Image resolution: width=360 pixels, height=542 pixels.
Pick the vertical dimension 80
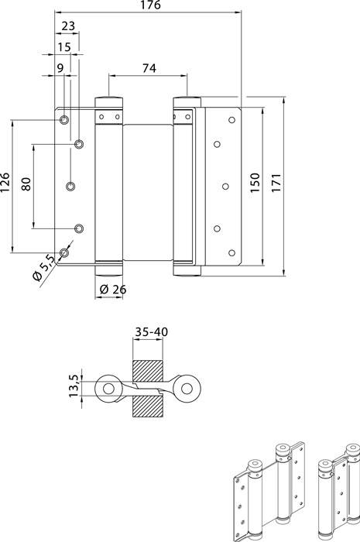(x=26, y=186)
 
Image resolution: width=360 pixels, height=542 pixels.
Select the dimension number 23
(x=67, y=26)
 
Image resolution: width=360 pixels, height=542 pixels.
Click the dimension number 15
(x=64, y=48)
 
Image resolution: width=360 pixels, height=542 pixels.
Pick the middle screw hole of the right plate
(x=225, y=186)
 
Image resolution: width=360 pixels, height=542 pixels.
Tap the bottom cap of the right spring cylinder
(x=186, y=269)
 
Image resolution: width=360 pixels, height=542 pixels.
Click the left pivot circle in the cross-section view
(x=108, y=387)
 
